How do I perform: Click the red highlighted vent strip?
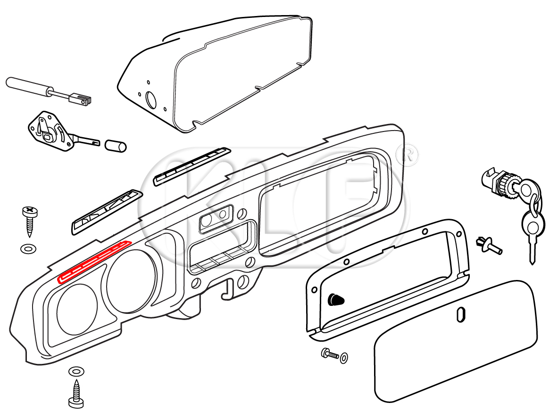pyautogui.click(x=93, y=262)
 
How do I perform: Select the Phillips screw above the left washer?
pyautogui.click(x=29, y=221)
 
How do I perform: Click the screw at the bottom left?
pyautogui.click(x=76, y=394)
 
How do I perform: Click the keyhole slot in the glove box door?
pyautogui.click(x=461, y=314)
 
